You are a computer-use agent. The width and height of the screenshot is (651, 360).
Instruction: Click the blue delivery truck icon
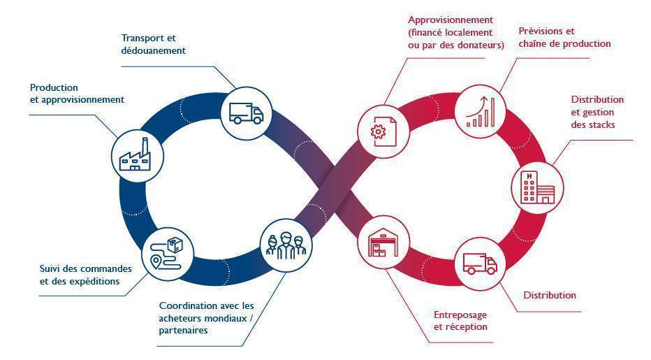point(246,113)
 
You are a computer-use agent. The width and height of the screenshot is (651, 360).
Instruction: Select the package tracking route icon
point(166,254)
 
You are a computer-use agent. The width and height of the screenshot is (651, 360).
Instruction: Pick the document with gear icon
point(383,131)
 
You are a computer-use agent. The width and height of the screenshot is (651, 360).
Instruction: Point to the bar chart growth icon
point(481,111)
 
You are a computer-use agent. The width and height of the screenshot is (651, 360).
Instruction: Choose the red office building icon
point(538,188)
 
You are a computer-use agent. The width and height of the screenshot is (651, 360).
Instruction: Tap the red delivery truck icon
point(480,264)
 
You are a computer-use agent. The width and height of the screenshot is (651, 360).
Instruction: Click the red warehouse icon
point(383,243)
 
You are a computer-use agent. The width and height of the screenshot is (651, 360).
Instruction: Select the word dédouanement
point(153,50)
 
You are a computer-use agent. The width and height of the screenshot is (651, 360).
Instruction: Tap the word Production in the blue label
point(54,87)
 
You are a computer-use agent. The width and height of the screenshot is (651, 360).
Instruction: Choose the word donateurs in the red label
point(478,45)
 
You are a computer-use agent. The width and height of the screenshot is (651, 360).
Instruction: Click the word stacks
point(602,124)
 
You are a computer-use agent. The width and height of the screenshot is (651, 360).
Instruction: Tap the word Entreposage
point(460,315)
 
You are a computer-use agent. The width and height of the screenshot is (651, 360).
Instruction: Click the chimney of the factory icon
point(145,147)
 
